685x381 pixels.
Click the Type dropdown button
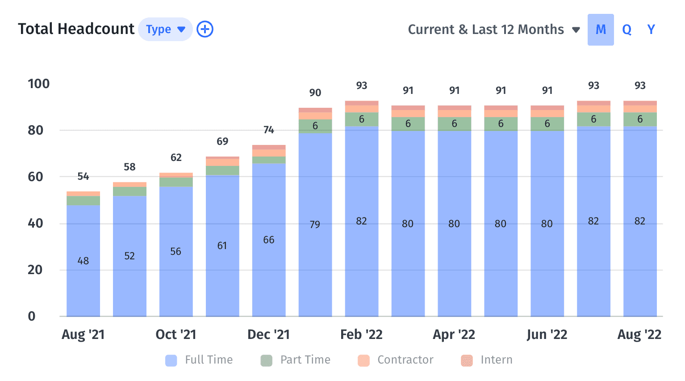(165, 30)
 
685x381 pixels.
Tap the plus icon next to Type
(205, 30)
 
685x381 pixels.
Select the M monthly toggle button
(601, 30)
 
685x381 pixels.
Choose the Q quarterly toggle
(627, 30)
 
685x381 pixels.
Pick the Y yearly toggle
(651, 30)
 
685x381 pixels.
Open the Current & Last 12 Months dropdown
(493, 30)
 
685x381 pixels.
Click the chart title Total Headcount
(76, 29)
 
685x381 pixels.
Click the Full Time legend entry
(199, 360)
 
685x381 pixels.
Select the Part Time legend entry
(296, 360)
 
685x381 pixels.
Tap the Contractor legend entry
(396, 360)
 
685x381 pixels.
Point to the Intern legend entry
(487, 360)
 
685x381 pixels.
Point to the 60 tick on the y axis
(35, 177)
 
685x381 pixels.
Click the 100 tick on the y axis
(38, 84)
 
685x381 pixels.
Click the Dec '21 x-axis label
(268, 334)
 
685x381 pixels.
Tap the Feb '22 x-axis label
(361, 334)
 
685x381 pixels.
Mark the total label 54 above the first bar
(83, 176)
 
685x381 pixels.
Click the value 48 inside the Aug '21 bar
(83, 261)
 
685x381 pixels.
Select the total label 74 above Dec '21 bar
(268, 130)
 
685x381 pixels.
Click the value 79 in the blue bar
(315, 224)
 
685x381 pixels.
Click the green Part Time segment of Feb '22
(361, 119)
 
